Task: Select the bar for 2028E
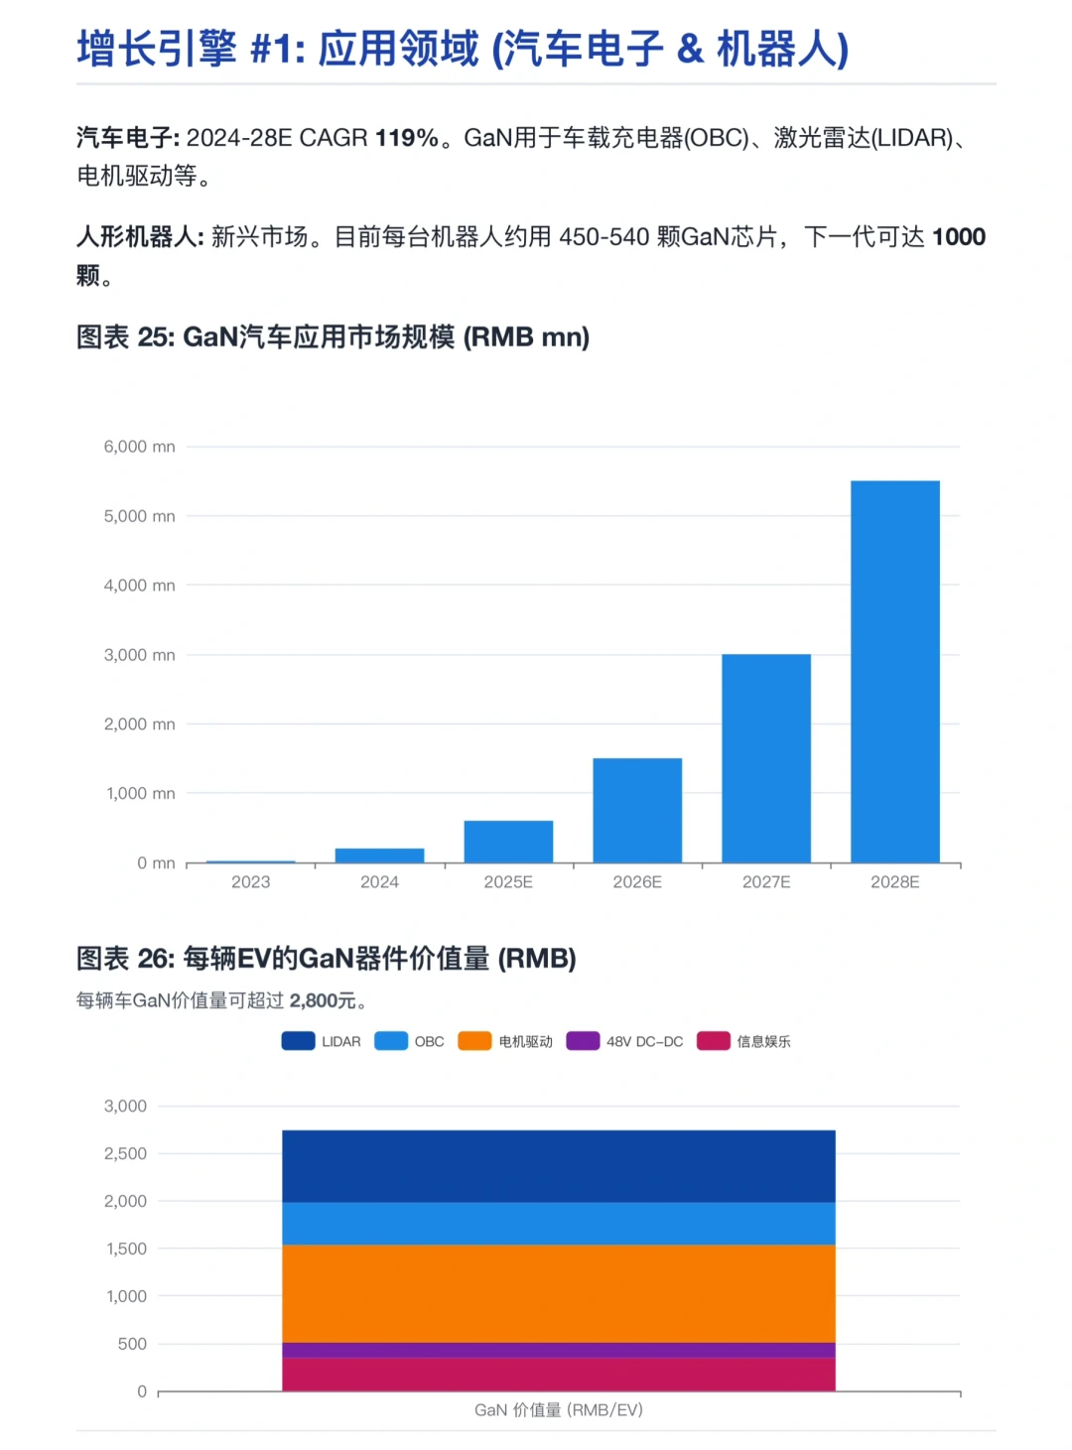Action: pos(894,672)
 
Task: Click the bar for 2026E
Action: pos(637,810)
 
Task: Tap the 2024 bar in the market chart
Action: pos(379,856)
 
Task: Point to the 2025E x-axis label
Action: pos(508,882)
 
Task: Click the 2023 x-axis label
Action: pos(250,882)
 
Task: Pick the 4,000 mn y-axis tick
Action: pos(139,586)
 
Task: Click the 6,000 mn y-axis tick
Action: pos(139,447)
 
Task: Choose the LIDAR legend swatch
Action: pos(298,1041)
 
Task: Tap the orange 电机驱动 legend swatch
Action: pos(474,1041)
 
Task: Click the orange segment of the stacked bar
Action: pos(559,1293)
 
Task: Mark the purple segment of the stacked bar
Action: pos(559,1350)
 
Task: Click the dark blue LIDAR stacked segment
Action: pos(559,1166)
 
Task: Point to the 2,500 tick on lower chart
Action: pos(125,1153)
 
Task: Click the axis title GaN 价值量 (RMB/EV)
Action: pos(559,1410)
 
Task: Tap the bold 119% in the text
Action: pos(407,138)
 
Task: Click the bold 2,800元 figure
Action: pos(323,1000)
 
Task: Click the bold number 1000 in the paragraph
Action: pos(958,237)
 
